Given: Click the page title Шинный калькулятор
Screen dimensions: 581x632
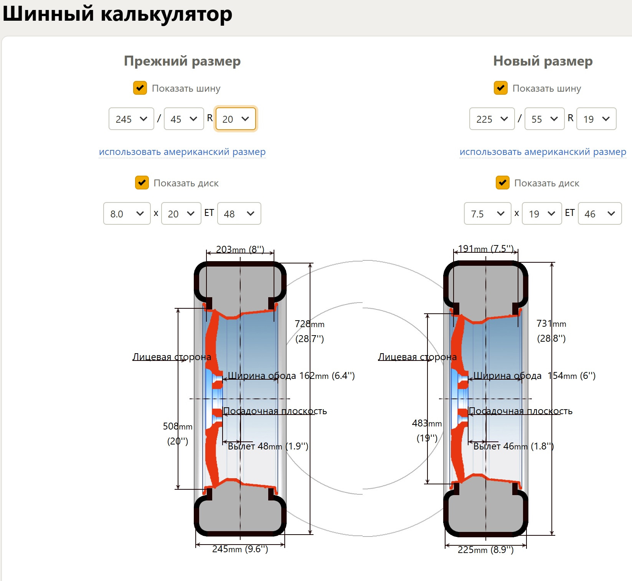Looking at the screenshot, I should click(x=117, y=15).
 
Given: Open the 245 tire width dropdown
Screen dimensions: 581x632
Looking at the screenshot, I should click(x=131, y=119).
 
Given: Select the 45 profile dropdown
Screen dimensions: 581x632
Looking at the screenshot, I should click(x=184, y=119).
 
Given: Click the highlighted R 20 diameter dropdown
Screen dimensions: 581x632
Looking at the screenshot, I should click(x=235, y=119).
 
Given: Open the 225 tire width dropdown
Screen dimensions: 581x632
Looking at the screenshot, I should click(x=492, y=119).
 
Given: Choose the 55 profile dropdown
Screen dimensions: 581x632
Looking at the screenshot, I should click(x=545, y=119).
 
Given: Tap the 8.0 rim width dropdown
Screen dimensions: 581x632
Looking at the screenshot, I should click(x=127, y=214).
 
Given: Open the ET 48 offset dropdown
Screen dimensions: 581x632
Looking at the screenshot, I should click(x=239, y=214).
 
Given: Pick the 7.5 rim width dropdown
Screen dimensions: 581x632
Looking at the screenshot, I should click(x=487, y=214).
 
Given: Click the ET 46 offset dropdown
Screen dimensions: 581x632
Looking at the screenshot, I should click(x=599, y=214).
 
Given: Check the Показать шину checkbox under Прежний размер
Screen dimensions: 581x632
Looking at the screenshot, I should click(x=140, y=88).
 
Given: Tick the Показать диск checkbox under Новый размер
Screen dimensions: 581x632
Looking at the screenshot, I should click(x=502, y=183).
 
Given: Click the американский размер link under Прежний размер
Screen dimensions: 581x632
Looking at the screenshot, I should click(x=182, y=152).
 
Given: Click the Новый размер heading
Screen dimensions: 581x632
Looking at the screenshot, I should click(x=543, y=61).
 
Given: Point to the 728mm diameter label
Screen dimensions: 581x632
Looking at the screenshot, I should click(x=309, y=324).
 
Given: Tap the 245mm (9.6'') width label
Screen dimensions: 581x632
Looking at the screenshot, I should click(x=240, y=549).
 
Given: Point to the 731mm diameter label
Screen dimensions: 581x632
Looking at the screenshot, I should click(x=551, y=324).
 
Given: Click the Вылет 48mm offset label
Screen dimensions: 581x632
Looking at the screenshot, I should click(x=268, y=446).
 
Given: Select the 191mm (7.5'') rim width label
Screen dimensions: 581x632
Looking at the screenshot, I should click(x=485, y=249).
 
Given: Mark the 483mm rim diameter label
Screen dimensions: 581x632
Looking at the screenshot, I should click(x=427, y=423).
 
